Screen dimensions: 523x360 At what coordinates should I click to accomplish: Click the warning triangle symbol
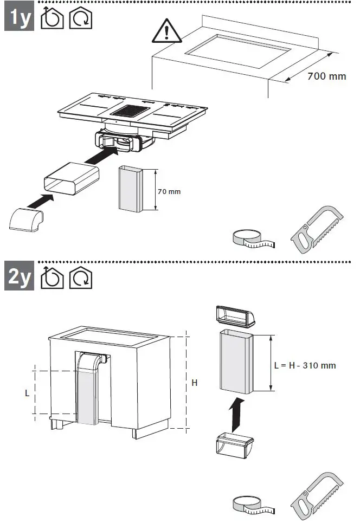coord(166,32)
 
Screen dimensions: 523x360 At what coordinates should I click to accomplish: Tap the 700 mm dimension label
coord(326,76)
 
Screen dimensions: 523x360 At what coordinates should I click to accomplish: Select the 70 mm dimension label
coord(169,191)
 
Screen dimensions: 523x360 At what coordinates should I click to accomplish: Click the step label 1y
coord(20,18)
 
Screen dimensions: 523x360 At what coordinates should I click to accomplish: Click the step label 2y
coord(20,277)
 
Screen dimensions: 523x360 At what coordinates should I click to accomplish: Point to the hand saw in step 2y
coord(317,495)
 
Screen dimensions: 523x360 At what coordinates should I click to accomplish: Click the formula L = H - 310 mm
coord(305,365)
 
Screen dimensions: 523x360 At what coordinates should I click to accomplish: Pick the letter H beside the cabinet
coord(195,384)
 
